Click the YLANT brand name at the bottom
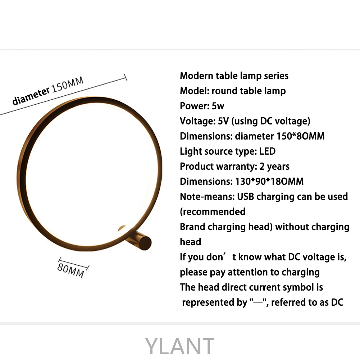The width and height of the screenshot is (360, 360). (180, 346)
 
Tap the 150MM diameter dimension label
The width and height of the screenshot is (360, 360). (68, 85)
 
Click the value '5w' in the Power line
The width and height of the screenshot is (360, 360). (218, 106)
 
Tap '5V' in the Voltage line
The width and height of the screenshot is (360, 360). (223, 121)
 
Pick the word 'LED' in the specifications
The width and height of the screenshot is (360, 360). (267, 151)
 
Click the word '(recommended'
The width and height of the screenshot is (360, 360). (213, 212)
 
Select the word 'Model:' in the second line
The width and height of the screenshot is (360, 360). (194, 91)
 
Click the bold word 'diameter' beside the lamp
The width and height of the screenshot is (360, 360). (31, 96)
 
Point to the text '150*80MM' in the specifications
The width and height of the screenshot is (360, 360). (300, 136)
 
